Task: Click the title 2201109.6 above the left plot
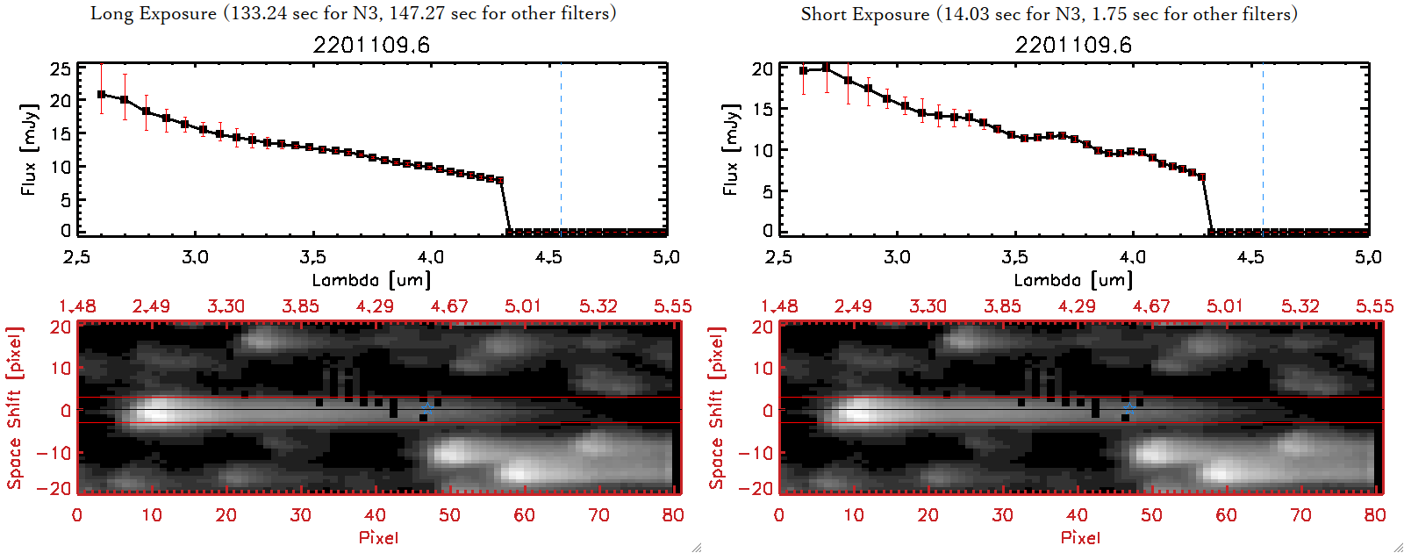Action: [x=371, y=45]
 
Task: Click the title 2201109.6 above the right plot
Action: [x=1073, y=45]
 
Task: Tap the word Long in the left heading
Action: [x=111, y=13]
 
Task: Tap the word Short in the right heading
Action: [x=822, y=14]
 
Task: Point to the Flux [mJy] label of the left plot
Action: [x=29, y=149]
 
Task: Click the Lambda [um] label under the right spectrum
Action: [x=1073, y=280]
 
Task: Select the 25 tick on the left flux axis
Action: [x=61, y=68]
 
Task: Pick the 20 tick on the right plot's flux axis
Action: [x=763, y=68]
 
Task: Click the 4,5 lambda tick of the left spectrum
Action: [x=548, y=257]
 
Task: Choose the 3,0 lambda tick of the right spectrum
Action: [x=897, y=257]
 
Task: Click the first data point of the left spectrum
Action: [x=102, y=94]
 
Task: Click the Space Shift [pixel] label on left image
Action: [x=14, y=408]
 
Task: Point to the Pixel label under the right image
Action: [x=1080, y=537]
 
